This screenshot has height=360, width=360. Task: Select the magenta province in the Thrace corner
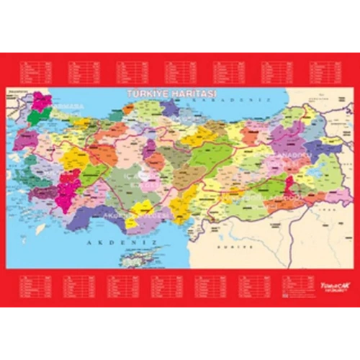[42, 101]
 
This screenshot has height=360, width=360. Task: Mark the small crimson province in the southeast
[289, 186]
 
